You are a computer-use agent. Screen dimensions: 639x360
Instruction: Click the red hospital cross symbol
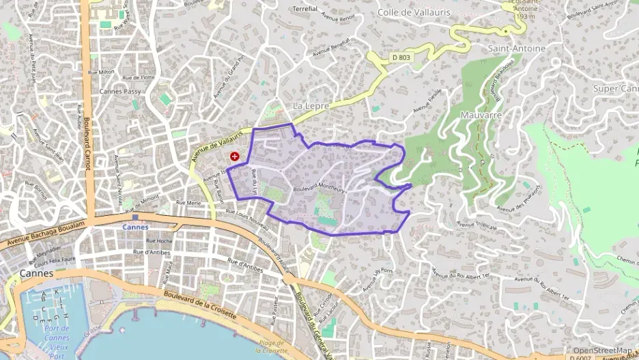235,156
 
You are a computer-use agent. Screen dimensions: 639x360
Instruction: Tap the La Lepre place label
311,107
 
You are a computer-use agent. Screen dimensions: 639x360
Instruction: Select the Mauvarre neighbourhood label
481,115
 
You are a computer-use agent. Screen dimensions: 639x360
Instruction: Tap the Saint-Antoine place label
516,49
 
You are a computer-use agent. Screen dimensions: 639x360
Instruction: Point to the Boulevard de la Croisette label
200,305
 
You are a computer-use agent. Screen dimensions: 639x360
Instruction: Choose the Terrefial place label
304,9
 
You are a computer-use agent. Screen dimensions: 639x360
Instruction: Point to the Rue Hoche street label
158,241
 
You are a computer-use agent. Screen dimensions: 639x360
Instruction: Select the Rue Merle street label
187,203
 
